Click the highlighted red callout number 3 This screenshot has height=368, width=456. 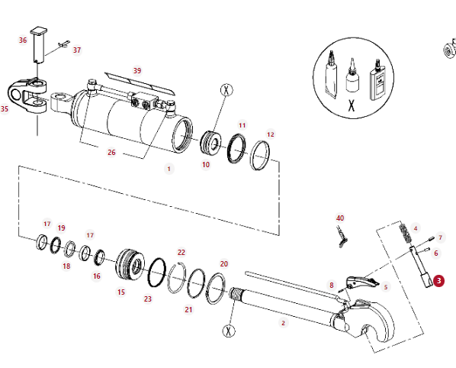tap(438, 281)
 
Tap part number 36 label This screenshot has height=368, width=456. tap(23, 40)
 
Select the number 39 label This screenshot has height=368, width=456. tap(137, 70)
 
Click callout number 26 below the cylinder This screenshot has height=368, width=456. tap(111, 152)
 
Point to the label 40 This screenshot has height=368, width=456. tap(340, 218)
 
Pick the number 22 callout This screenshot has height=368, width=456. tap(181, 252)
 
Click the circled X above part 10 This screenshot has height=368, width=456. tap(226, 90)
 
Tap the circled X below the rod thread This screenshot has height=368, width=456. tap(229, 331)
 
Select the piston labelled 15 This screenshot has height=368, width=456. tap(130, 264)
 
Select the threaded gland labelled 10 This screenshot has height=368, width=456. tap(210, 143)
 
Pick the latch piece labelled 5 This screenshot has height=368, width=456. tap(362, 281)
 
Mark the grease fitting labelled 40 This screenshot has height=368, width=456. tap(342, 237)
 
